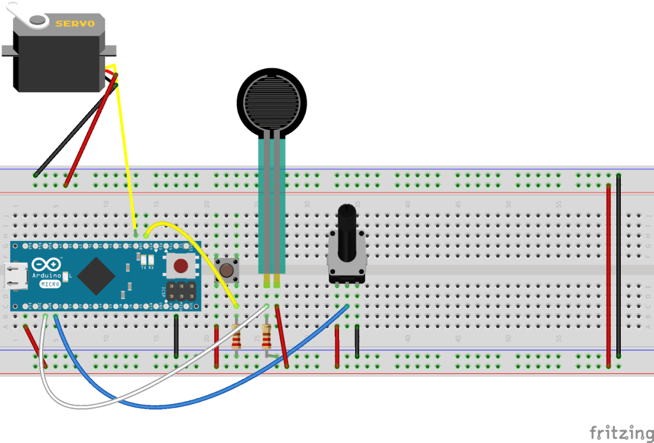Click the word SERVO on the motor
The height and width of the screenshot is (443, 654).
pos(75,24)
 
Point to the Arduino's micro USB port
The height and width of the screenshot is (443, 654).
pos(13,276)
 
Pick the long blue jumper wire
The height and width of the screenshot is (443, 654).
pos(192,403)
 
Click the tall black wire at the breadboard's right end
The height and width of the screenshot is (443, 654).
pos(618,268)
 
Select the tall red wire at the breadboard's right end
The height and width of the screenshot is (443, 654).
pos(608,275)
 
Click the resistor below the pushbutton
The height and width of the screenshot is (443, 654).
pos(236,336)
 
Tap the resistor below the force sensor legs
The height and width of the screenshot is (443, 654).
pos(266,335)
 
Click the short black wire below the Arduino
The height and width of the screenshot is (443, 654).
pos(176,336)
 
